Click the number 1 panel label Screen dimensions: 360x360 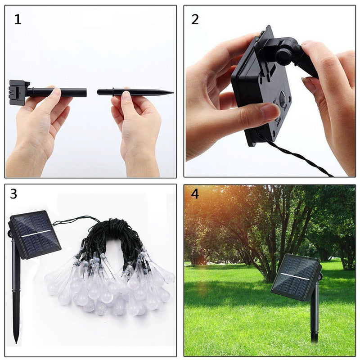(x=18, y=20)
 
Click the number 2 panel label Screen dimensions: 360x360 (x=195, y=19)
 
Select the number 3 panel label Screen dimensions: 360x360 (x=13, y=194)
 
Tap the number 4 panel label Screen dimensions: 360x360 (x=194, y=193)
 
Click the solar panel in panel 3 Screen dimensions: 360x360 (x=35, y=234)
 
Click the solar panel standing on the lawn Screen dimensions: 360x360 (x=296, y=277)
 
